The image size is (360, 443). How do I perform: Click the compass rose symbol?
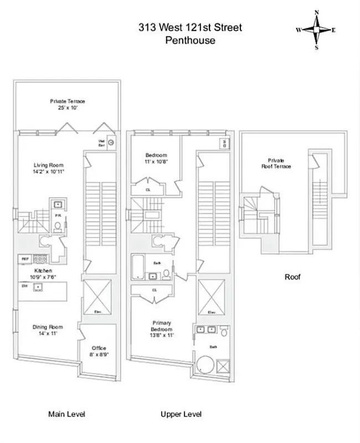coord(316,30)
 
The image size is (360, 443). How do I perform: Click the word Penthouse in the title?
coord(190,40)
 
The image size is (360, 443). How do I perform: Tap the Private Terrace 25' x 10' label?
coord(68,104)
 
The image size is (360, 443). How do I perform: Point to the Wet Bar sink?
coord(111,142)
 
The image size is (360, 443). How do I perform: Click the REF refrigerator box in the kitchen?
coord(25,258)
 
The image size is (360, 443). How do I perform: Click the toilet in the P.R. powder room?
coord(57,225)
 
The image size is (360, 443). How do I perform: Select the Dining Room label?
coord(48,330)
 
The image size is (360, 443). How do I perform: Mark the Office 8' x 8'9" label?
coord(99,351)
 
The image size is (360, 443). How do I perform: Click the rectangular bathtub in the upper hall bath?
coord(139,267)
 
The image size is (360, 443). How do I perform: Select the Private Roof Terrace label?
coord(276,163)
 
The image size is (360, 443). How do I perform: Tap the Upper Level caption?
coord(181,414)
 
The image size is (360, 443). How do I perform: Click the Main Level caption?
coord(66,414)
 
